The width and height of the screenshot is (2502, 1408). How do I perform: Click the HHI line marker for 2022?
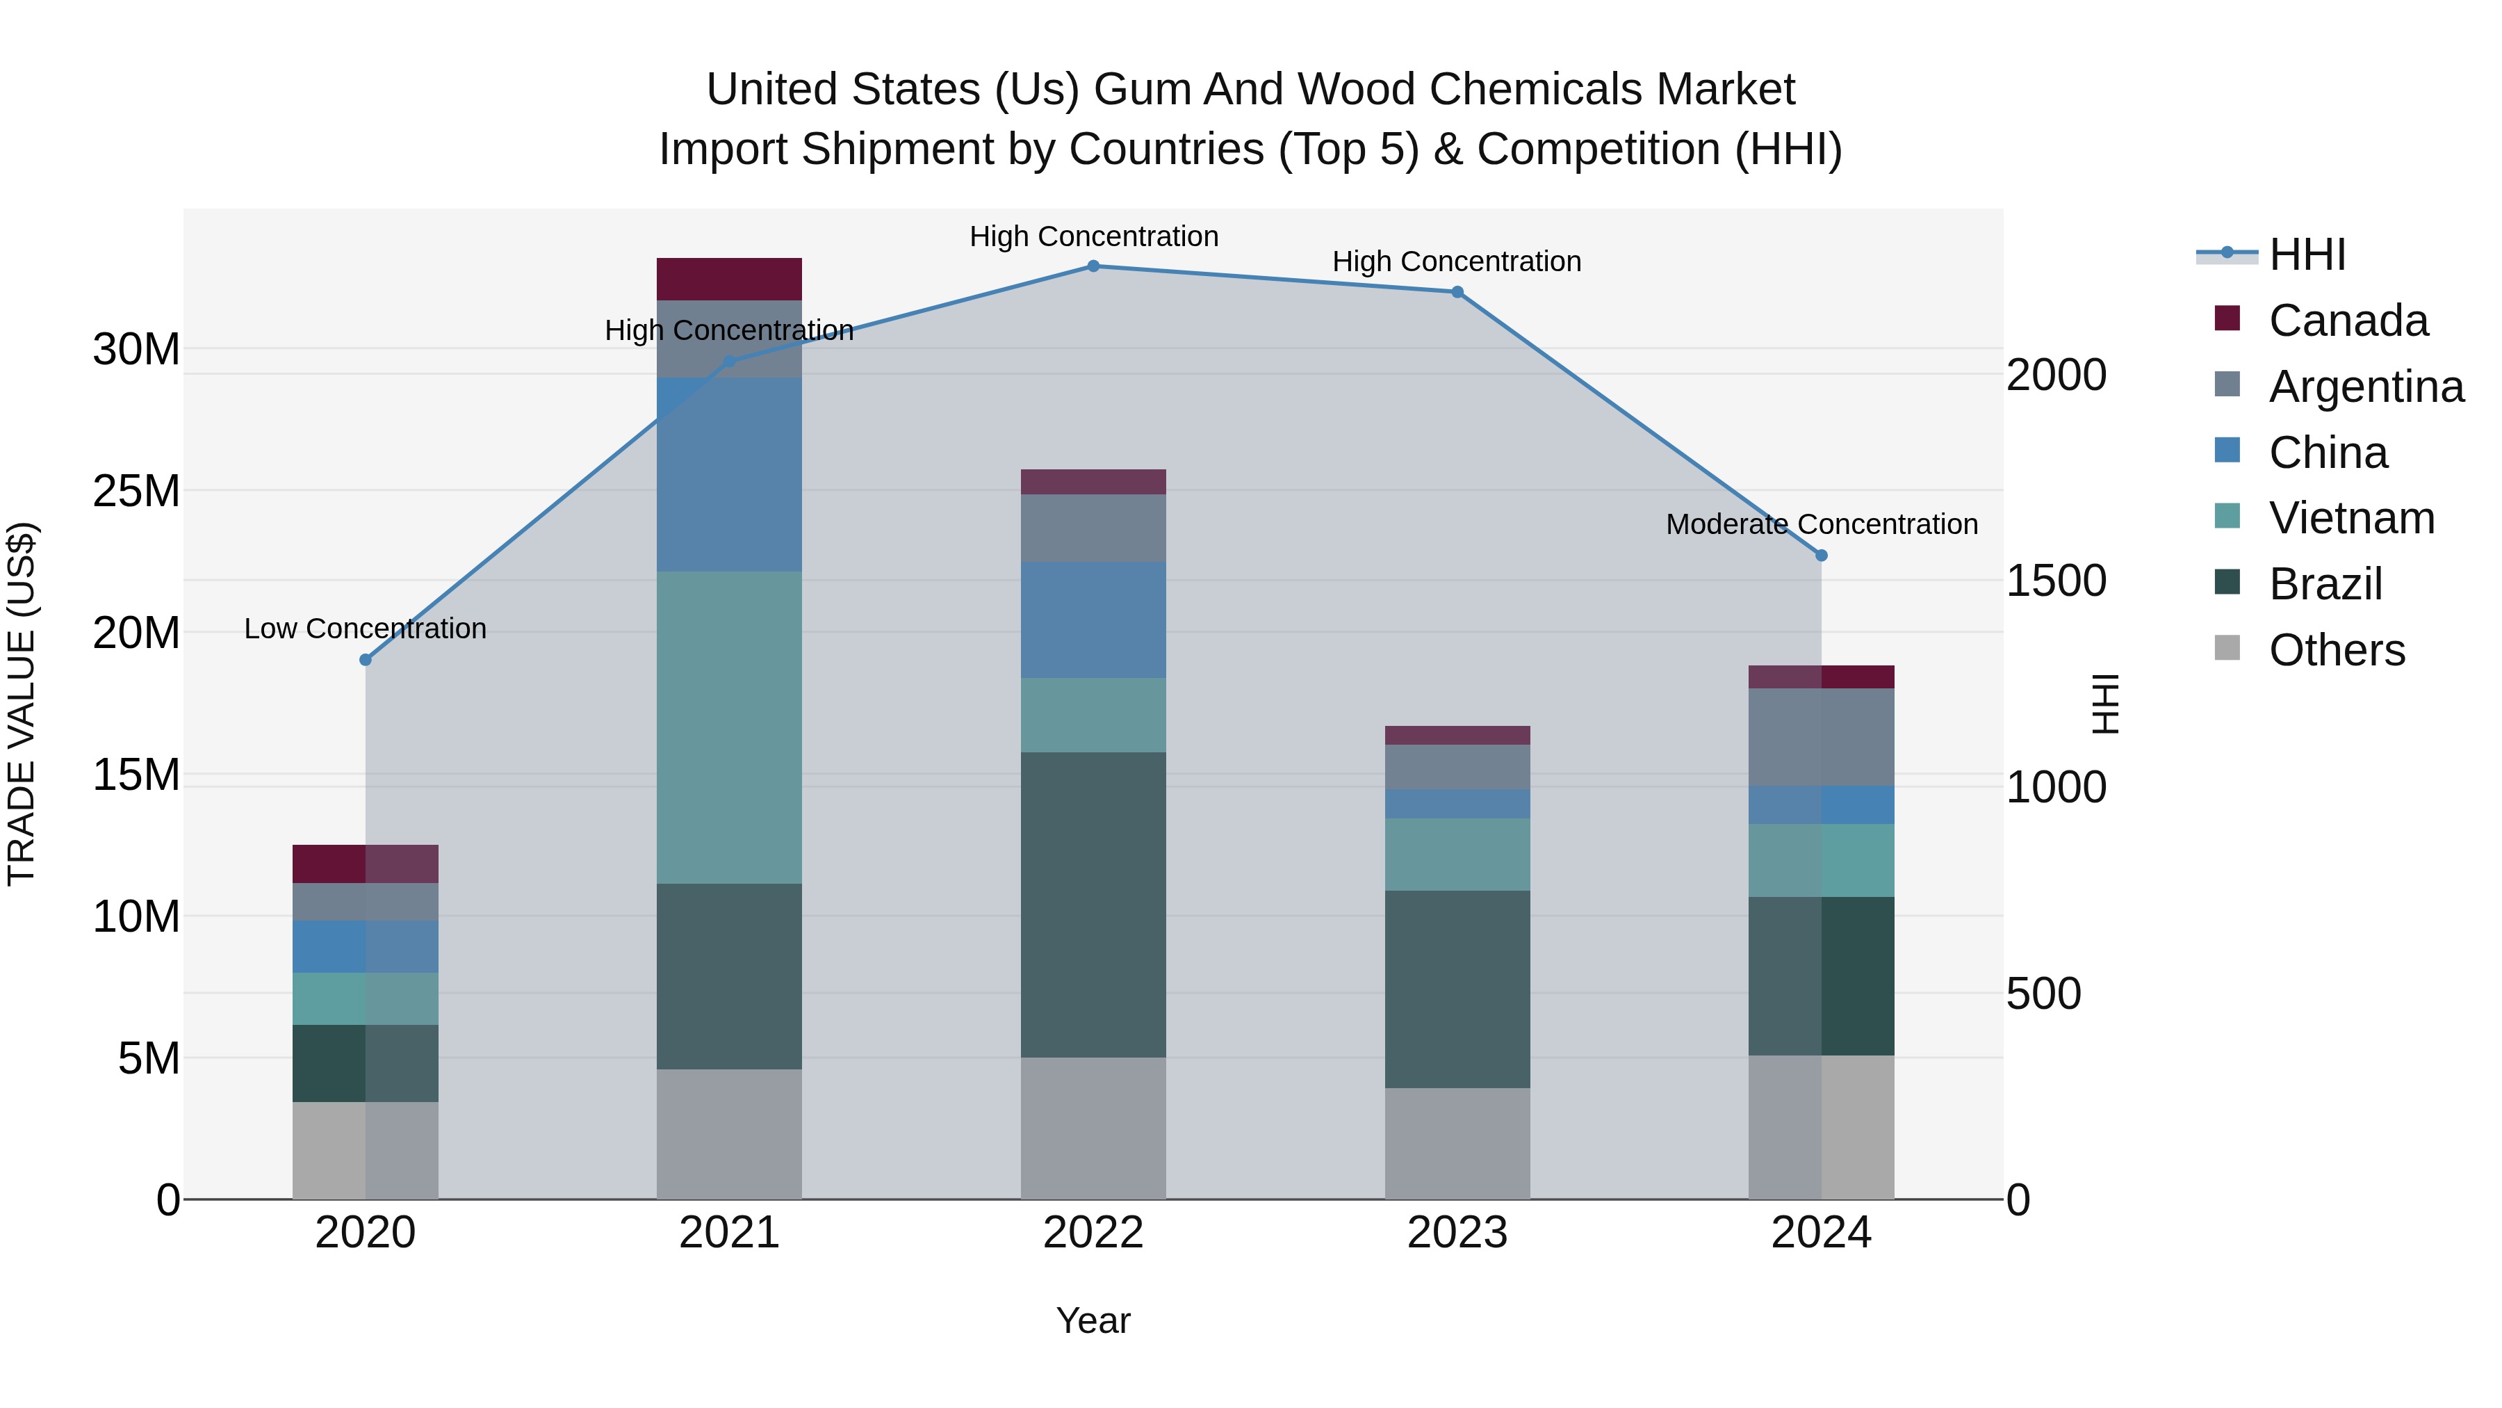(1093, 266)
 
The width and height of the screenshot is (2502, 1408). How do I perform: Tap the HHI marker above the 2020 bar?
(365, 660)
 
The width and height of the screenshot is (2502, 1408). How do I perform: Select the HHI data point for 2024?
(1821, 556)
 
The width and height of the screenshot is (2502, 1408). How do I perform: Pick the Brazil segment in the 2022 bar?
(1093, 904)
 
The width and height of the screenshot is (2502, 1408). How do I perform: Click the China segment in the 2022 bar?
(1093, 620)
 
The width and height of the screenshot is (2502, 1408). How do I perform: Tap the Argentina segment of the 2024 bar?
(1821, 736)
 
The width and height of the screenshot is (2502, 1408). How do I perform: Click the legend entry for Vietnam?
(2351, 518)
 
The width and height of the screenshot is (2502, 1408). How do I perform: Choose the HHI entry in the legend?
(2307, 254)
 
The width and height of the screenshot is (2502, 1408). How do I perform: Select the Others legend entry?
(2336, 650)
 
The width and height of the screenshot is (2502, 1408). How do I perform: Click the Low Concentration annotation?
(365, 629)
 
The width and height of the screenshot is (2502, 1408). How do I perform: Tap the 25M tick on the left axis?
(136, 492)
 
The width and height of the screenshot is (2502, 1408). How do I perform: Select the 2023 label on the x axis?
(1457, 1233)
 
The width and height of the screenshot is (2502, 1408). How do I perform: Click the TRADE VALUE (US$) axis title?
(22, 704)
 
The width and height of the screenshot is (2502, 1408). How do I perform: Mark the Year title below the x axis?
(1093, 1320)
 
